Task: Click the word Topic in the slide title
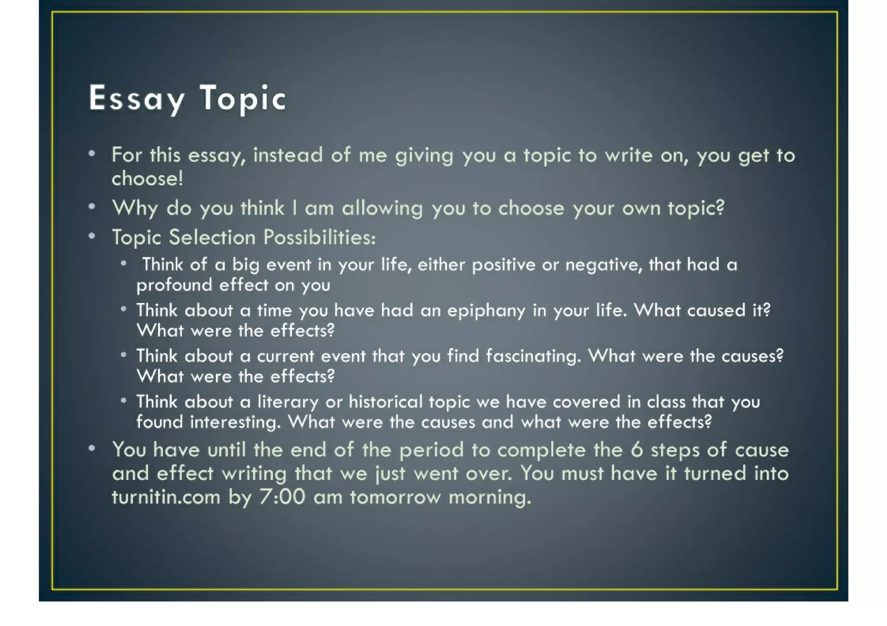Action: click(x=243, y=99)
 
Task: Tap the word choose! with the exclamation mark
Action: click(x=147, y=178)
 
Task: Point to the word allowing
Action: click(x=382, y=208)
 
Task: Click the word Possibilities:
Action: click(x=319, y=237)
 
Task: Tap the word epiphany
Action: click(x=486, y=311)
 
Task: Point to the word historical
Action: click(x=385, y=402)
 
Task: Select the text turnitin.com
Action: click(x=166, y=497)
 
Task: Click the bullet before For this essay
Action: click(x=91, y=154)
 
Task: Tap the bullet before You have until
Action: click(x=91, y=449)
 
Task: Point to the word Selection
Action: click(x=212, y=237)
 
